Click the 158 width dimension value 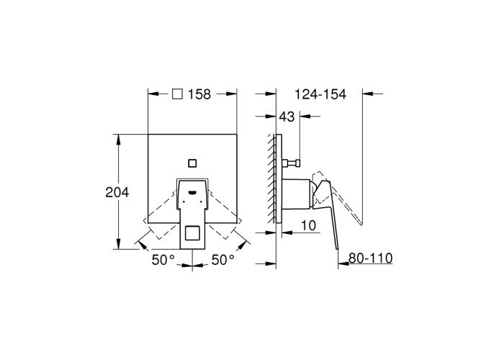click(x=199, y=94)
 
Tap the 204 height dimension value click(x=117, y=192)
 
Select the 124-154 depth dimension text click(x=320, y=94)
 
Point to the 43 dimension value click(x=287, y=117)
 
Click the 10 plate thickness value click(x=309, y=225)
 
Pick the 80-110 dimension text click(x=371, y=258)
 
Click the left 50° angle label click(x=163, y=260)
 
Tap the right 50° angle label click(x=222, y=260)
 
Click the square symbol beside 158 click(x=177, y=94)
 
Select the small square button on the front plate click(x=192, y=163)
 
